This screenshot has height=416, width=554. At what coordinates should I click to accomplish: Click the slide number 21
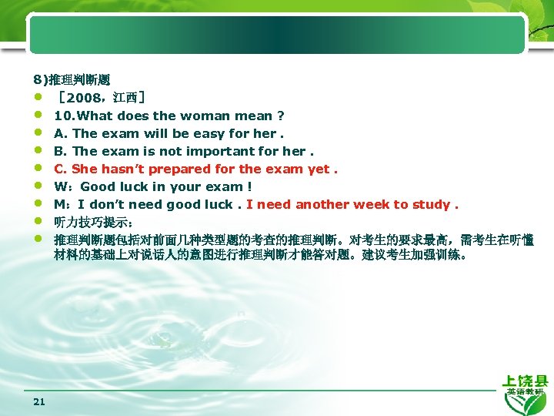39,401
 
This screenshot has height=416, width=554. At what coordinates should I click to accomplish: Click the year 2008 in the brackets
84,98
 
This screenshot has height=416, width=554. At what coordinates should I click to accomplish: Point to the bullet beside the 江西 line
38,98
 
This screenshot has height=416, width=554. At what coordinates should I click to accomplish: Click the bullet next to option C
38,169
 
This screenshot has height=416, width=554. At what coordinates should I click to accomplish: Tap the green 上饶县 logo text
525,381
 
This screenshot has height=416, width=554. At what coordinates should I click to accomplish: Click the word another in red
324,204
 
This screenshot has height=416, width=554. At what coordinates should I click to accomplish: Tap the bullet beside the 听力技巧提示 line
38,222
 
